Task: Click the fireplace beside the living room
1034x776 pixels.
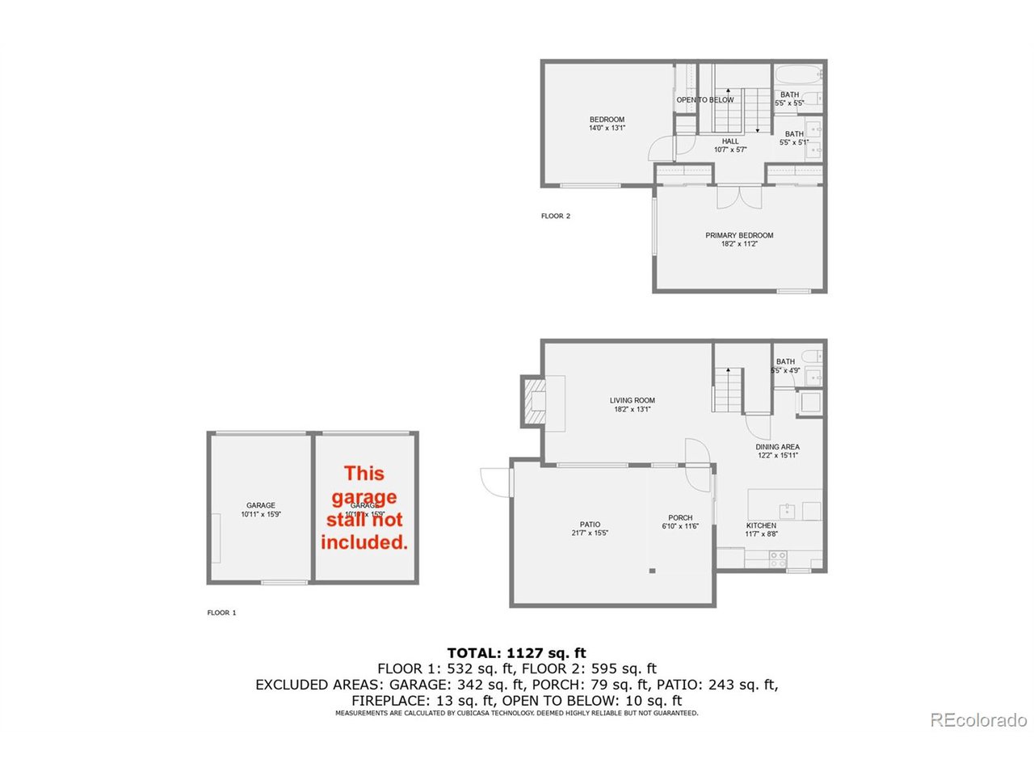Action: click(x=535, y=401)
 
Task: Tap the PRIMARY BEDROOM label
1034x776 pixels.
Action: click(x=739, y=235)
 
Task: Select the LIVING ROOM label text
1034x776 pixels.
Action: click(x=632, y=400)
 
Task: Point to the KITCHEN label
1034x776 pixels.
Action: click(x=761, y=525)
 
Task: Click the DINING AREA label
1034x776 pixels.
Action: click(x=778, y=447)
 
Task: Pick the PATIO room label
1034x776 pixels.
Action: click(x=590, y=525)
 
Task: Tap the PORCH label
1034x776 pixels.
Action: click(x=680, y=518)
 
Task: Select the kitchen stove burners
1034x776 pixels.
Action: click(x=778, y=556)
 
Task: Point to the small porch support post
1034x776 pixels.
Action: click(x=652, y=571)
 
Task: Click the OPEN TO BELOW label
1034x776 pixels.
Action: click(x=705, y=99)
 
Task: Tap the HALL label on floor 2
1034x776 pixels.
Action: click(x=730, y=141)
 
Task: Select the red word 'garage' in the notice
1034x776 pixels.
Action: click(x=364, y=497)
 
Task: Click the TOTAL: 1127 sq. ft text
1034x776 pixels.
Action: click(x=517, y=653)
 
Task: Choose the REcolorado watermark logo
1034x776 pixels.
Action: click(x=978, y=719)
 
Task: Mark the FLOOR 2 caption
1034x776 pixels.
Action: click(x=556, y=216)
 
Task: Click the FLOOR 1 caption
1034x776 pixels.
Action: click(x=221, y=613)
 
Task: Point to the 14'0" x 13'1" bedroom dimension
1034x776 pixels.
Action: click(x=607, y=128)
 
